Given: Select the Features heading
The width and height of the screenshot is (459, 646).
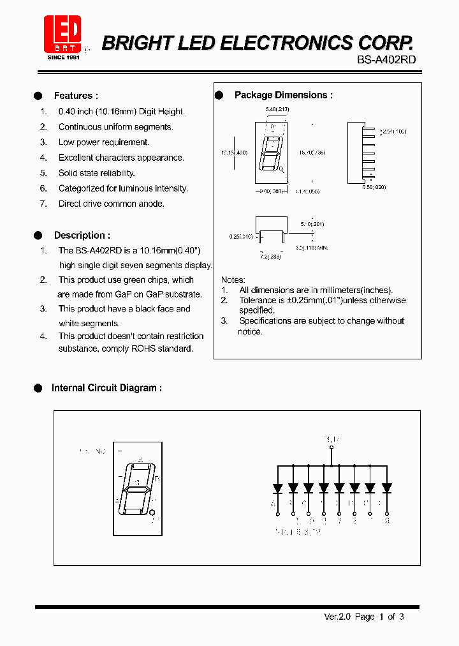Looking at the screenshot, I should click(x=76, y=96).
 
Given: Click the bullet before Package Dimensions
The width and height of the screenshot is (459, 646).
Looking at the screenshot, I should click(x=219, y=95).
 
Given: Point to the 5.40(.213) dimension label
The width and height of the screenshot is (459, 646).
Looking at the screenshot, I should click(x=277, y=110).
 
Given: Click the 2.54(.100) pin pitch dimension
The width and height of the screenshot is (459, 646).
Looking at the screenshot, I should click(x=393, y=131).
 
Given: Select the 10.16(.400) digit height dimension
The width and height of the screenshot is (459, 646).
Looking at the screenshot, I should click(x=235, y=153).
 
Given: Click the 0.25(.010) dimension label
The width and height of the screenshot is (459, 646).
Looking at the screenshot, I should click(x=241, y=236).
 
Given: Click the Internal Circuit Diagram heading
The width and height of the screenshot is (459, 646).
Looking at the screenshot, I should click(x=106, y=387).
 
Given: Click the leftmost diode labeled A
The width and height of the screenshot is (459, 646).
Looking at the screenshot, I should click(x=277, y=488).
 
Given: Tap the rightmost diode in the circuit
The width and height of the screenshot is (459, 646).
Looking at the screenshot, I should click(x=386, y=488).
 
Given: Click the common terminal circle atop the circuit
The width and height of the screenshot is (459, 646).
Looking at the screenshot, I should click(x=331, y=448).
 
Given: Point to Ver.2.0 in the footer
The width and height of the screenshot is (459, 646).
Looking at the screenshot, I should click(x=337, y=617).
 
